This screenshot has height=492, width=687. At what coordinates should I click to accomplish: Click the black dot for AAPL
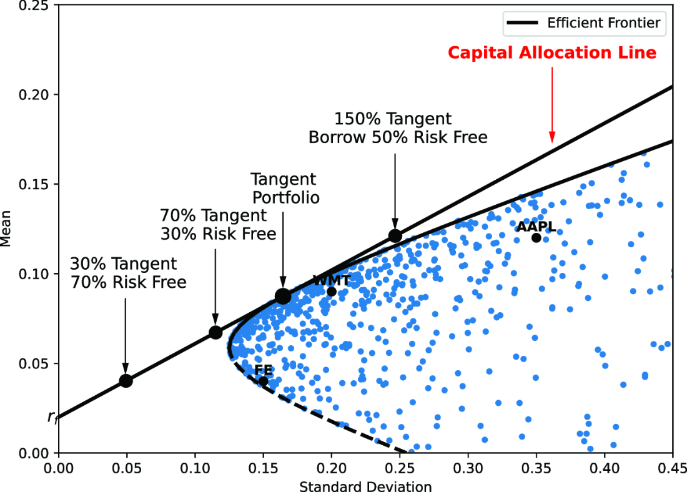click(536, 238)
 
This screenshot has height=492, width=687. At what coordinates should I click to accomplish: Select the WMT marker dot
click(332, 292)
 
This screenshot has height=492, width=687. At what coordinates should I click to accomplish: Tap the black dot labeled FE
click(264, 381)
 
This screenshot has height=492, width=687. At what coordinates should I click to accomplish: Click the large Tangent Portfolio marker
click(283, 297)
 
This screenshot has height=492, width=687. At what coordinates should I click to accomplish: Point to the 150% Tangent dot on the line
click(395, 236)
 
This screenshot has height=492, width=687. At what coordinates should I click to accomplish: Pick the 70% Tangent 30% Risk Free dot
click(215, 333)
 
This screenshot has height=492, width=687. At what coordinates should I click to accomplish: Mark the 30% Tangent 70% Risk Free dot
click(126, 381)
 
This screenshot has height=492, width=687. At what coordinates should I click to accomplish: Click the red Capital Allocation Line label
click(552, 52)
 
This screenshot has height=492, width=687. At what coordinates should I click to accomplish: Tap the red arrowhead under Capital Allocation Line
click(552, 137)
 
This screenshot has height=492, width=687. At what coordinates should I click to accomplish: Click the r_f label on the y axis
click(53, 418)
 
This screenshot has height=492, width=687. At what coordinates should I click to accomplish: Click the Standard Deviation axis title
click(365, 486)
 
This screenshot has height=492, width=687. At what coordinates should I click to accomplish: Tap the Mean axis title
click(6, 229)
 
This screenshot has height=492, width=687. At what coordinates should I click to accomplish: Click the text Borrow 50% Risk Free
click(398, 137)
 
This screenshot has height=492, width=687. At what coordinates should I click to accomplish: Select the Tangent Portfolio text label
click(285, 189)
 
